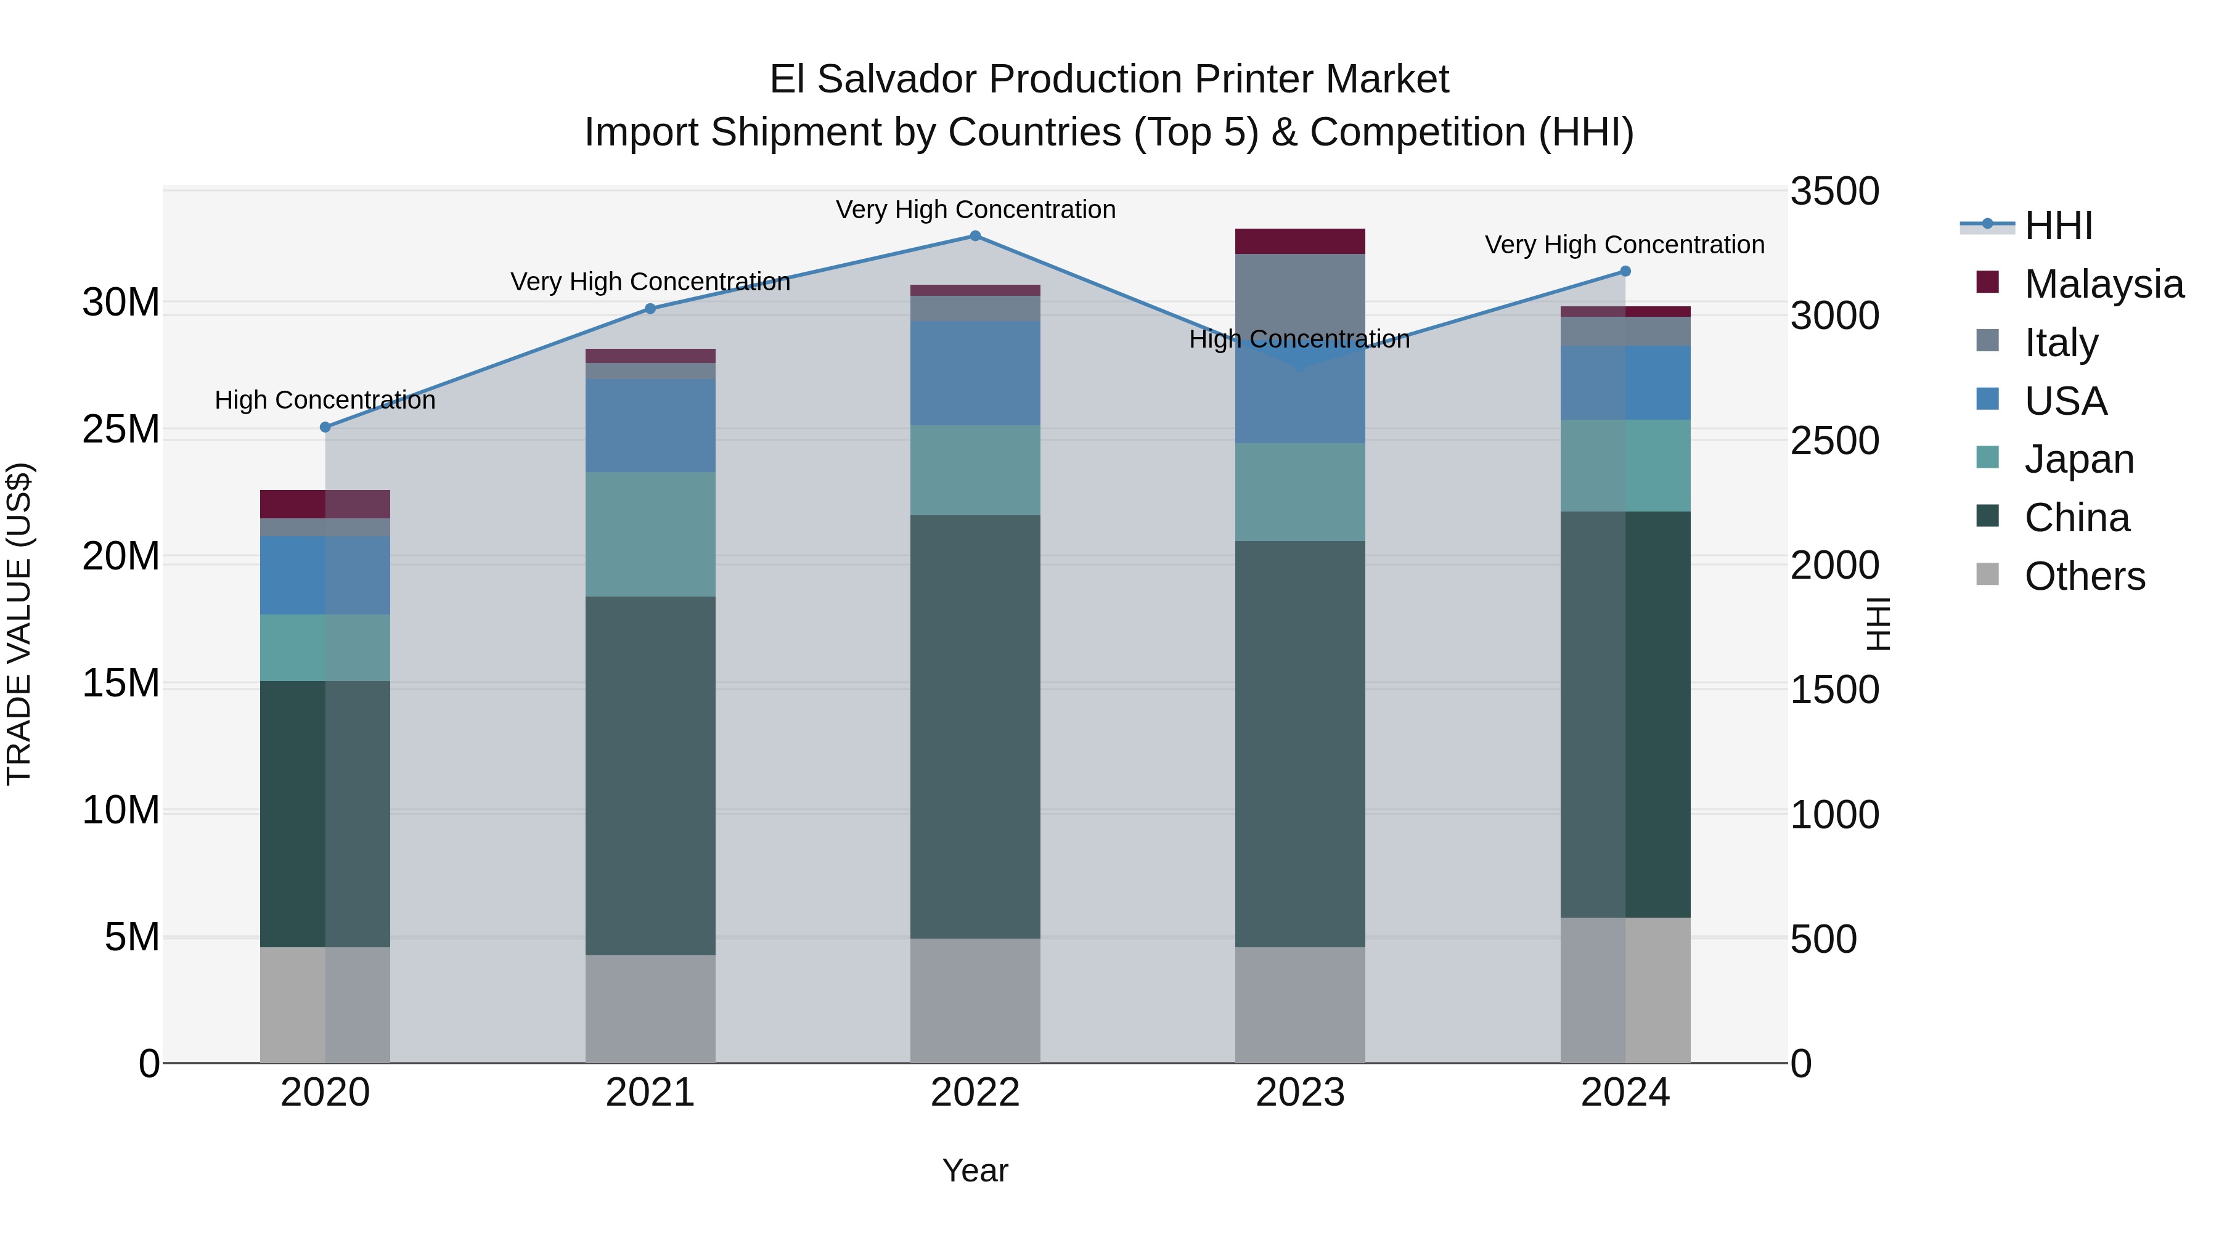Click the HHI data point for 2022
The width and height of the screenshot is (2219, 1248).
pyautogui.click(x=975, y=236)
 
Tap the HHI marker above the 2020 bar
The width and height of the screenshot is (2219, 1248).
pyautogui.click(x=325, y=427)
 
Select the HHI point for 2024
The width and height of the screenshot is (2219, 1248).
pyautogui.click(x=1625, y=271)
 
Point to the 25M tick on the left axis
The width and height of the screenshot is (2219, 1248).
pyautogui.click(x=121, y=429)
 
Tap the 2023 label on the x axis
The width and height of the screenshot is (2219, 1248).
pyautogui.click(x=1300, y=1093)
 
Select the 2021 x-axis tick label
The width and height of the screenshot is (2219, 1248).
pyautogui.click(x=650, y=1093)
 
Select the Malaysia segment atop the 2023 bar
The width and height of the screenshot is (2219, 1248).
pyautogui.click(x=1300, y=241)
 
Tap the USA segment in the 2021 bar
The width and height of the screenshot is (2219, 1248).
pyautogui.click(x=650, y=425)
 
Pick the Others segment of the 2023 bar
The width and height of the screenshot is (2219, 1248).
pyautogui.click(x=1300, y=1005)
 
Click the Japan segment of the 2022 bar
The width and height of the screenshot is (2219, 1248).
pyautogui.click(x=975, y=470)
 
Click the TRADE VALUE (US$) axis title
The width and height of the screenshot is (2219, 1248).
pyautogui.click(x=19, y=624)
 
